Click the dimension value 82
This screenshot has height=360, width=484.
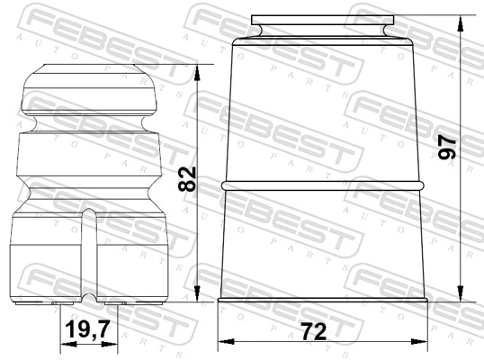[187, 179]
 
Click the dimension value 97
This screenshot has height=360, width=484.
[447, 148]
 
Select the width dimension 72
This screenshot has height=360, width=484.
[314, 331]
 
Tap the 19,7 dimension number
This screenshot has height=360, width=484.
[88, 328]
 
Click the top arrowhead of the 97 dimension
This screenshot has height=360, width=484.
[461, 24]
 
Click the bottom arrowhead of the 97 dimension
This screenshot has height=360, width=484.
[461, 293]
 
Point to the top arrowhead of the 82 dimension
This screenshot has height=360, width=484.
[197, 73]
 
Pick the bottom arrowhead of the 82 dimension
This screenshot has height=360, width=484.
[197, 293]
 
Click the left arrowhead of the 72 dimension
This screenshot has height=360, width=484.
[226, 341]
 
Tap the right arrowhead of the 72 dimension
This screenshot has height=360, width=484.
[419, 341]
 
